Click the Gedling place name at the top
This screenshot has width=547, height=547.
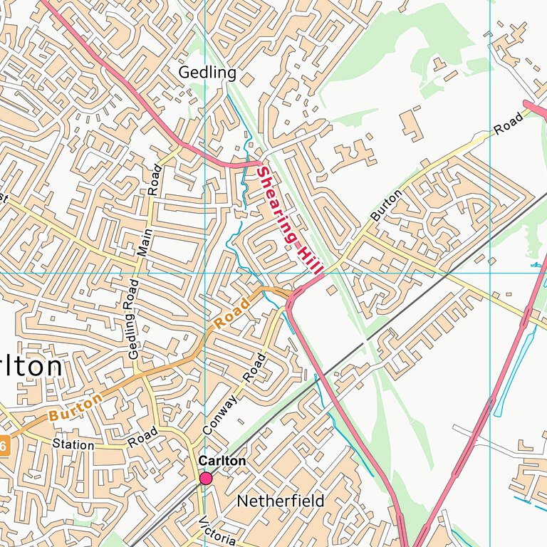(x=207, y=73)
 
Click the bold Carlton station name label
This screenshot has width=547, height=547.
(x=222, y=462)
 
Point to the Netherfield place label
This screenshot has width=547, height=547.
(x=280, y=501)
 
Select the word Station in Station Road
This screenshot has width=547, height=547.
(x=73, y=445)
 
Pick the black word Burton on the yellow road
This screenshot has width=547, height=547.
(x=382, y=204)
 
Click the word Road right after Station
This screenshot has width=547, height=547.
(x=142, y=437)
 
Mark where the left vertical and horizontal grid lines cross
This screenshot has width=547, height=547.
(x=204, y=273)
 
